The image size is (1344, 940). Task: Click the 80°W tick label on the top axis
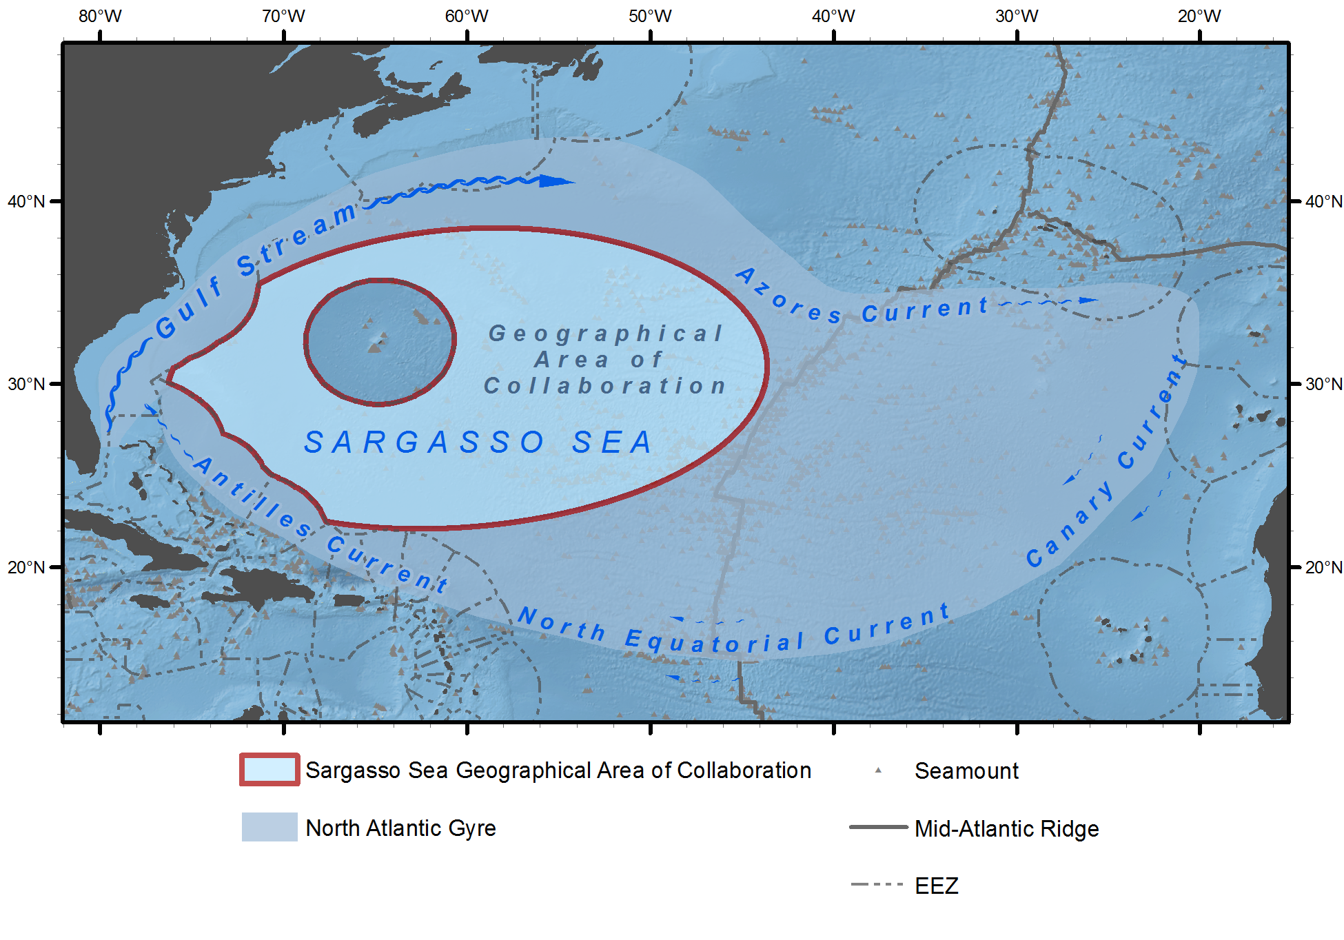[100, 16]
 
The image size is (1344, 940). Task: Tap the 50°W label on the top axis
[650, 16]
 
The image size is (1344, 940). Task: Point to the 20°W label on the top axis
[1199, 16]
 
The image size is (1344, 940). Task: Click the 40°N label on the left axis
[26, 201]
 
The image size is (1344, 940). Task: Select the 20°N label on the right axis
[1323, 567]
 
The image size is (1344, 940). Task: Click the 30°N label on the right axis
[1323, 384]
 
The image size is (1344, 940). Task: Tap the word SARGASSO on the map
[424, 442]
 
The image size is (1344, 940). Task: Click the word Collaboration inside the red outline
[605, 386]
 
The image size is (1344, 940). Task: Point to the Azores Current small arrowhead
[1088, 300]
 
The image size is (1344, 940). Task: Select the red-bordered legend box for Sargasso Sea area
[269, 770]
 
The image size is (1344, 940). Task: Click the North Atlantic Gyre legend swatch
[269, 827]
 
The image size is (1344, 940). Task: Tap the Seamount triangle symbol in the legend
[878, 770]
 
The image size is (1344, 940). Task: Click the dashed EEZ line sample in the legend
[877, 885]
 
